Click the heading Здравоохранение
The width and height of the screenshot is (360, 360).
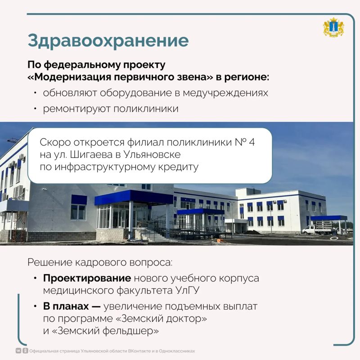(108, 41)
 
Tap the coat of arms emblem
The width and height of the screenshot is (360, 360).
(333, 27)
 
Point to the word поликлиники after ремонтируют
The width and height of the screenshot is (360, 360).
(146, 109)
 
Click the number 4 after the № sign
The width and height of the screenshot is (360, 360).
(252, 142)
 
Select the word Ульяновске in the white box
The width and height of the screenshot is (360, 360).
(152, 154)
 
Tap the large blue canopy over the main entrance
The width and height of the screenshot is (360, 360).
(134, 198)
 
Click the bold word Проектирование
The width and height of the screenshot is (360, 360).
(87, 278)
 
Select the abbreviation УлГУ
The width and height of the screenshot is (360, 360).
(188, 290)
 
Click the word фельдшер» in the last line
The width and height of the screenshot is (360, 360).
(130, 331)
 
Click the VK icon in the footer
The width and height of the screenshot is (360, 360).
(18, 351)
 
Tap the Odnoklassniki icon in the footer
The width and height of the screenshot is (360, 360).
(25, 351)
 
